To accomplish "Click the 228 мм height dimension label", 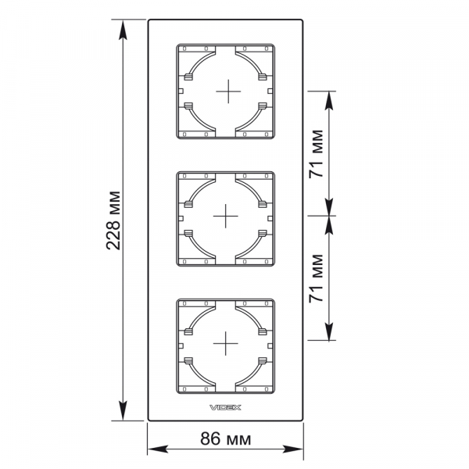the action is click(113, 220).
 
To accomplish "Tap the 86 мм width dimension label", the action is click(226, 439).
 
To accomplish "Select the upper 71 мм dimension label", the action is click(316, 154).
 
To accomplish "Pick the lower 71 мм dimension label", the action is click(316, 278).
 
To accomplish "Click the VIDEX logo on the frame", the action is click(225, 407).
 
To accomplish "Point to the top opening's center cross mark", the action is click(228, 91).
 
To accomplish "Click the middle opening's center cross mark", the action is click(226, 216).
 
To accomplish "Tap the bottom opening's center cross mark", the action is click(226, 343).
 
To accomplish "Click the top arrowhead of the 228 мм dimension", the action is click(123, 30).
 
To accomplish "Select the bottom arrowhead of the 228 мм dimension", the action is click(123, 410).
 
